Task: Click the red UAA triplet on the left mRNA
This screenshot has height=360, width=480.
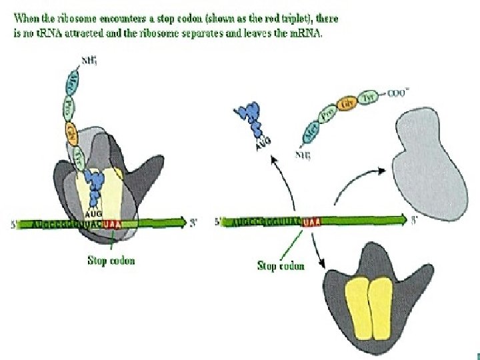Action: coord(113,224)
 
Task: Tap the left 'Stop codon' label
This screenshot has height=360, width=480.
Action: coord(111,260)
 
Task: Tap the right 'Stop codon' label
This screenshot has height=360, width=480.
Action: coord(281,265)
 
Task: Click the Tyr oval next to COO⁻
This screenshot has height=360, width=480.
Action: coord(365,97)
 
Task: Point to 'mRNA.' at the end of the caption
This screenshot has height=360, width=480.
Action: coord(306,33)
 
